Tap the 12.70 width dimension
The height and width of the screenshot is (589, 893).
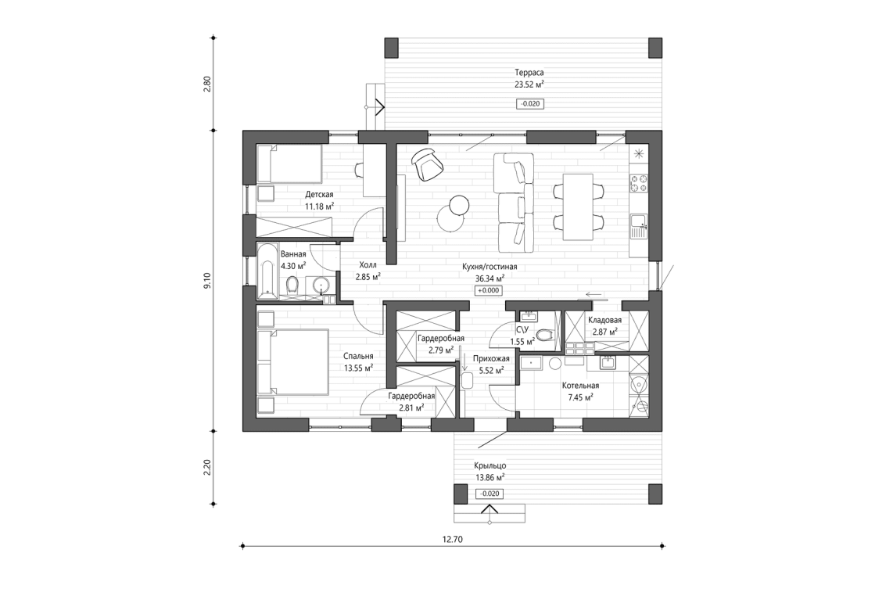(x=453, y=538)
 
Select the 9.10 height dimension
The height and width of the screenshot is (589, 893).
(x=207, y=281)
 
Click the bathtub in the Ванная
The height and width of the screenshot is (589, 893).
(x=267, y=271)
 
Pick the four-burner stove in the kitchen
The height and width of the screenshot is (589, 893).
(x=638, y=184)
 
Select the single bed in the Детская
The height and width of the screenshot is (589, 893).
(x=290, y=163)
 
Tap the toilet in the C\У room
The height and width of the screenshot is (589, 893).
(x=548, y=335)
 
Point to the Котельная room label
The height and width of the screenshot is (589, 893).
(x=580, y=386)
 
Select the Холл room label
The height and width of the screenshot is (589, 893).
(x=368, y=265)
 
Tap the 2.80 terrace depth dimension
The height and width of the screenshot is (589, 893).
(x=207, y=84)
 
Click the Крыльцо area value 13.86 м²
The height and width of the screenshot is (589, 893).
(x=489, y=476)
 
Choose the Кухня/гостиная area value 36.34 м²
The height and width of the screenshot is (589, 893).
(x=490, y=278)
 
